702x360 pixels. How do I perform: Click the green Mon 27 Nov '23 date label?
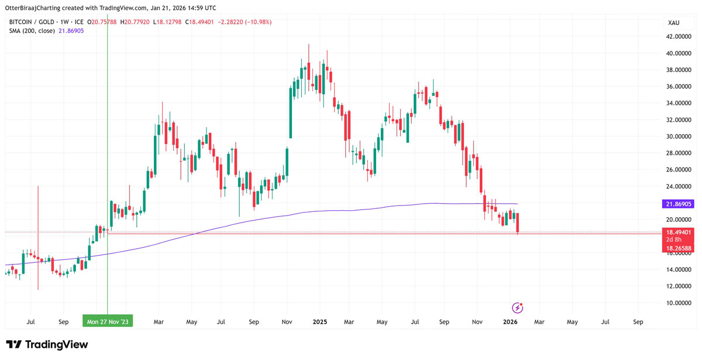[108, 322]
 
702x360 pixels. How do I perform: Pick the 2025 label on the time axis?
[320, 322]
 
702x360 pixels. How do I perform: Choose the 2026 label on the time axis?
[510, 322]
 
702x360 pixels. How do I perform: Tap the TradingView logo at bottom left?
[47, 345]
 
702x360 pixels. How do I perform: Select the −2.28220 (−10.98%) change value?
[245, 22]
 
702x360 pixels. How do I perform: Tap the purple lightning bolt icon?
[517, 308]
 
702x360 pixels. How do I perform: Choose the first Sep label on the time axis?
[63, 322]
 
